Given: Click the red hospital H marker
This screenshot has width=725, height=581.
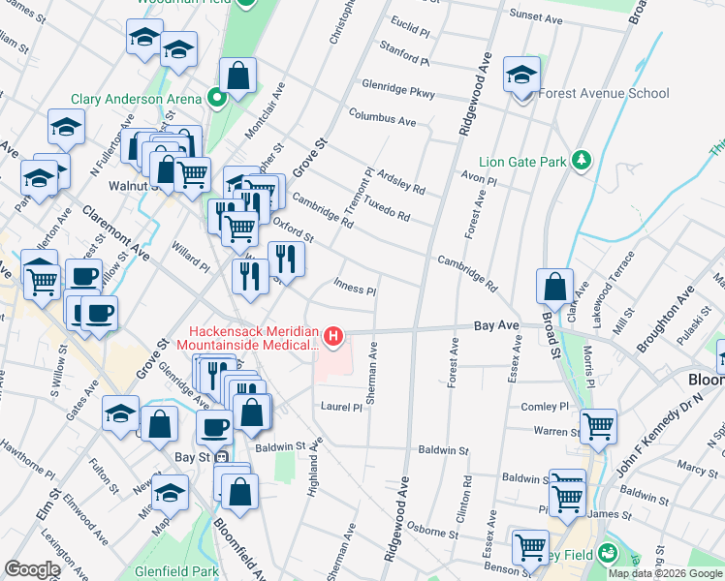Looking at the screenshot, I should pyautogui.click(x=334, y=336).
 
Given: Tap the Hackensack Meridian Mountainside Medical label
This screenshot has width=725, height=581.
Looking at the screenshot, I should pyautogui.click(x=254, y=338).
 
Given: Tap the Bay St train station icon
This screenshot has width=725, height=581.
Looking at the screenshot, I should pyautogui.click(x=222, y=456).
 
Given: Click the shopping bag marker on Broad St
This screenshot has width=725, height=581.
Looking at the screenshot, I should pyautogui.click(x=553, y=287).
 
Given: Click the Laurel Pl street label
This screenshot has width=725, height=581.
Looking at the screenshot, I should pyautogui.click(x=341, y=408).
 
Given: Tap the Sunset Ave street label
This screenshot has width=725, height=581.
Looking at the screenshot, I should pyautogui.click(x=536, y=16).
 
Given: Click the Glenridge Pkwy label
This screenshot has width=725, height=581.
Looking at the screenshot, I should pyautogui.click(x=398, y=88).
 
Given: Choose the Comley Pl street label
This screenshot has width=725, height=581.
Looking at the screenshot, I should pyautogui.click(x=546, y=408).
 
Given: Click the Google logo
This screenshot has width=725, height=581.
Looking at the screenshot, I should pyautogui.click(x=33, y=569).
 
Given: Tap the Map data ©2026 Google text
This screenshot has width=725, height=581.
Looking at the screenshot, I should pyautogui.click(x=665, y=573).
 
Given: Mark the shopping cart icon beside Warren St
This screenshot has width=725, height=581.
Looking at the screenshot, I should pyautogui.click(x=599, y=426).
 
